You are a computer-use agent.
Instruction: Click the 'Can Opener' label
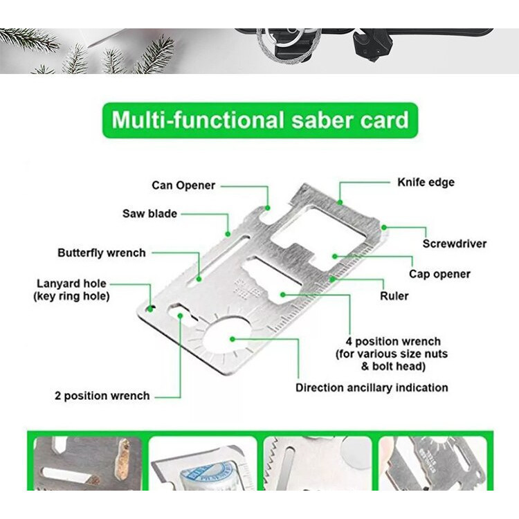[x=183, y=185]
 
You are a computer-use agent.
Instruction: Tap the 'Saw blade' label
[x=149, y=214]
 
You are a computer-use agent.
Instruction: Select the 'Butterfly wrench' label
[x=102, y=253]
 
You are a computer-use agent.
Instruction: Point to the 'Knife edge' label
[x=426, y=183]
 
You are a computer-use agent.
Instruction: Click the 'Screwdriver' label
[x=455, y=244]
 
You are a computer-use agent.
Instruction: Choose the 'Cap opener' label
[x=439, y=274]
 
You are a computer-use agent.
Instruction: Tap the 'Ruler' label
[x=394, y=296]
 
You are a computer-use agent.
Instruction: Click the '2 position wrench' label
[x=102, y=396]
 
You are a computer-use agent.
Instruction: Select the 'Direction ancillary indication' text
[x=372, y=388]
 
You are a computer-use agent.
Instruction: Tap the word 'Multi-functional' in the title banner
[x=198, y=120]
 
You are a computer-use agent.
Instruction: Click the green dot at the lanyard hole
[x=150, y=309]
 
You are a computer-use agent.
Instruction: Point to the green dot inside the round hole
[x=233, y=339]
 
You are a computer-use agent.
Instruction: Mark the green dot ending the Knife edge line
[x=340, y=202]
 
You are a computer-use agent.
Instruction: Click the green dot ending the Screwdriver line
[x=384, y=228]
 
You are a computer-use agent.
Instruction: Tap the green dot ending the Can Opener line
[x=267, y=208]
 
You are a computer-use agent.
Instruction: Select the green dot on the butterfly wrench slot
[x=199, y=279]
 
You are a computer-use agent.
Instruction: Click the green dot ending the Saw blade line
[x=228, y=235]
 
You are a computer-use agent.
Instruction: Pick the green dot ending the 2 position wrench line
[x=180, y=316]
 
